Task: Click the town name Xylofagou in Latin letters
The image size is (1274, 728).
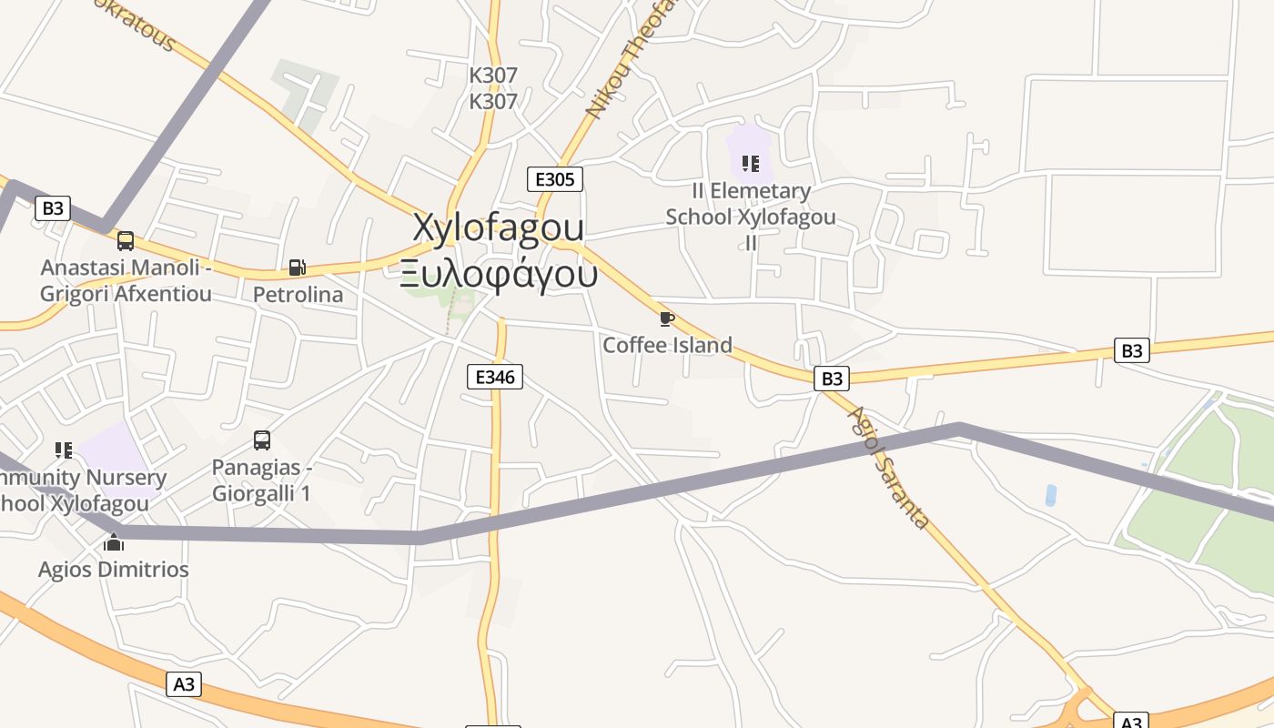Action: [x=499, y=227]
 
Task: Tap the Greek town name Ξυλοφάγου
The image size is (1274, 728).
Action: [x=499, y=273]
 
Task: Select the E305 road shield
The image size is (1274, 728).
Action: [x=554, y=179]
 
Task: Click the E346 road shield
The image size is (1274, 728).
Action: [x=494, y=377]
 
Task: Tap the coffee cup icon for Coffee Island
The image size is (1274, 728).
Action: [x=666, y=318]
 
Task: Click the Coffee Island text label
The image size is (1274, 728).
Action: [x=667, y=345]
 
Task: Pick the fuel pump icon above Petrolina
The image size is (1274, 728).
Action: [x=297, y=268]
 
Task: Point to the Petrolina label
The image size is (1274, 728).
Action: [x=298, y=295]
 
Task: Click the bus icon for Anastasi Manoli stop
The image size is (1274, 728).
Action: [x=126, y=241]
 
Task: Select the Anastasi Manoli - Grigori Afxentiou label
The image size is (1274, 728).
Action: [x=126, y=280]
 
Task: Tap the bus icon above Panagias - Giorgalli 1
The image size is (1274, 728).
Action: [x=262, y=440]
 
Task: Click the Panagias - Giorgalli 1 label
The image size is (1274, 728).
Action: [x=262, y=480]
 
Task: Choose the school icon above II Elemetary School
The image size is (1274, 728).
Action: [x=750, y=164]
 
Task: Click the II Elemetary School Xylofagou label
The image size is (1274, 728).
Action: [x=751, y=217]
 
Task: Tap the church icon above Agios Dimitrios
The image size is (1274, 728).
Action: [x=114, y=543]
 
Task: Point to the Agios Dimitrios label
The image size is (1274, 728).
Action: [x=114, y=570]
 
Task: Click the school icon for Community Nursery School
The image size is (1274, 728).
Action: [x=63, y=450]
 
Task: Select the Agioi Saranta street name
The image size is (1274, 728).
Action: [x=887, y=467]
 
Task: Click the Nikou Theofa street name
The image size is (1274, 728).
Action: [x=632, y=60]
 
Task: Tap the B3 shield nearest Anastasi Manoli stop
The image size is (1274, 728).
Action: [x=53, y=208]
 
